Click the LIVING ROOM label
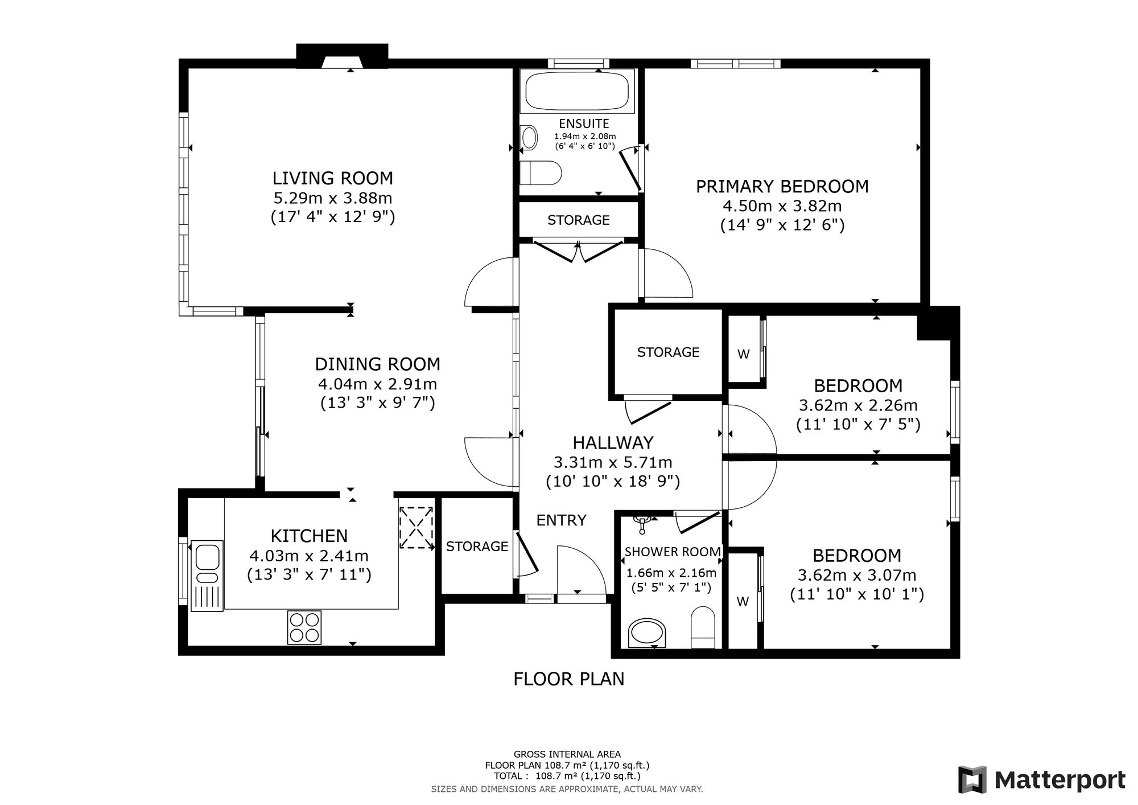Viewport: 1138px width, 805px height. (333, 178)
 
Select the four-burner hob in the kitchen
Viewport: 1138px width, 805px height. (304, 627)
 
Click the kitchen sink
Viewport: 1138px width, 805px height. (207, 576)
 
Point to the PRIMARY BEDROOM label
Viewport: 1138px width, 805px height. (782, 187)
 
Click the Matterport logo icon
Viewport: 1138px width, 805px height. (972, 779)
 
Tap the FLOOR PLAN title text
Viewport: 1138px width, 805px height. (569, 679)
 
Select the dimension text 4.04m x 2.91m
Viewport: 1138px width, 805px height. (378, 384)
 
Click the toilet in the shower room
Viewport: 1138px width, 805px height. (703, 627)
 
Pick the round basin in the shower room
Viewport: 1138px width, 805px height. (647, 633)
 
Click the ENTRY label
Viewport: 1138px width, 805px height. (561, 520)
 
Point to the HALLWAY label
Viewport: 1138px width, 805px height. (613, 443)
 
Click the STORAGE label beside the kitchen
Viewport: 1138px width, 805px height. (477, 547)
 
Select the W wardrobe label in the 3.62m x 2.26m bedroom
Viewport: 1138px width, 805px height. (743, 354)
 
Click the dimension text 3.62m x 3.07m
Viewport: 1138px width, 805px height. (857, 575)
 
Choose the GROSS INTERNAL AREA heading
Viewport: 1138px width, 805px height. (567, 754)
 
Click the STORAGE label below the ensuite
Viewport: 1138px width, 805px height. (579, 220)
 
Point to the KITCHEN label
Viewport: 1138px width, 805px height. (309, 536)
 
